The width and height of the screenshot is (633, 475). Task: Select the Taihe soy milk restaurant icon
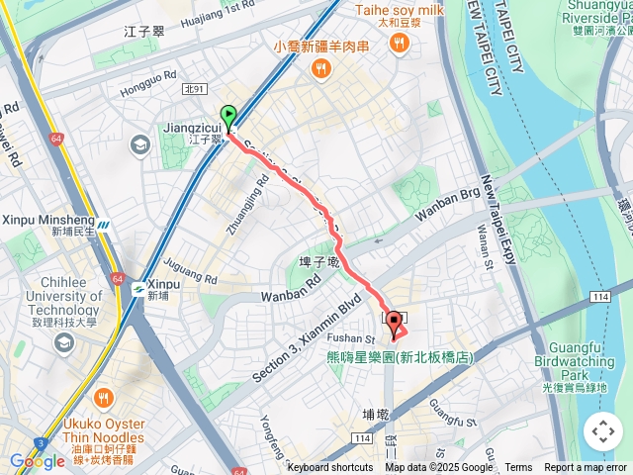pos(400,42)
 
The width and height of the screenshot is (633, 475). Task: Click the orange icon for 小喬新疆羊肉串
pos(321,67)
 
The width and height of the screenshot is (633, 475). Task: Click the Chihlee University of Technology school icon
pos(64,342)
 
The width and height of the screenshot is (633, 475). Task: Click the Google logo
pos(38,461)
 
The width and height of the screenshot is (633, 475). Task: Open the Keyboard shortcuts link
pos(330,468)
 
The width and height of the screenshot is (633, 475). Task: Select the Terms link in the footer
pos(518,468)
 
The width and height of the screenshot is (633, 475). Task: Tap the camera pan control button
pos(602,431)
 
